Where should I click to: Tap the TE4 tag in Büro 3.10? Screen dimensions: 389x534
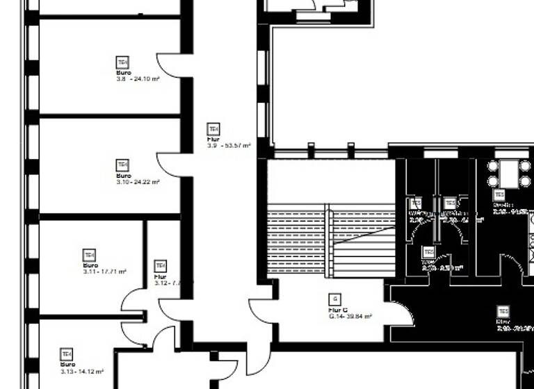122,165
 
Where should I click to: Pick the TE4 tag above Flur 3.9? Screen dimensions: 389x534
213,129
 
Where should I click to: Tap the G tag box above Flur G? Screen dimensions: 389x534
334,299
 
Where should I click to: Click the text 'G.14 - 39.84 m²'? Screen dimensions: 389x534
350,316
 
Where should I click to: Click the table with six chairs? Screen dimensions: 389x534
509,172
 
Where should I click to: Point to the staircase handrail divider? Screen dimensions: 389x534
326,240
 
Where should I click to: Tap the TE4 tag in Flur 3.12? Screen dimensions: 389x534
161,265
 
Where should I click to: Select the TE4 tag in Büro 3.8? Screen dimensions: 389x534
122,63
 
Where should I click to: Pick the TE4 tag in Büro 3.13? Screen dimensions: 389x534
67,354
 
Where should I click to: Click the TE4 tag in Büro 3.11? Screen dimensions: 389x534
89,254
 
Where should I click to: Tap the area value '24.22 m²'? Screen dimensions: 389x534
147,182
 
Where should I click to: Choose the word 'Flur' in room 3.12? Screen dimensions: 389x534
159,276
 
